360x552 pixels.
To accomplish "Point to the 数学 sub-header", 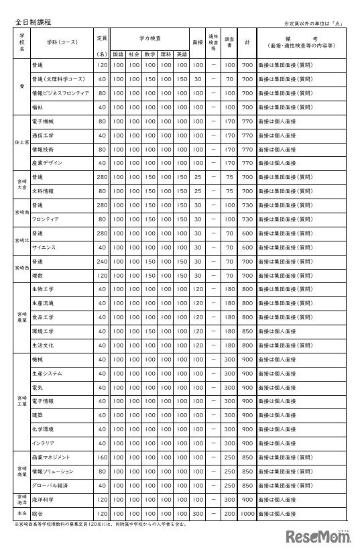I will (149, 53).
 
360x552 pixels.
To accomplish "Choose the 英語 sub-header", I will (181, 53).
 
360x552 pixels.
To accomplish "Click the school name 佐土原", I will (22, 142).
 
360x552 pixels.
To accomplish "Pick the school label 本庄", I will (22, 512).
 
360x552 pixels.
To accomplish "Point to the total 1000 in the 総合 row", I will (247, 512).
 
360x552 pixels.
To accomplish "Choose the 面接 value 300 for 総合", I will (197, 512).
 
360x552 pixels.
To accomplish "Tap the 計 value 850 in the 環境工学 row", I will (247, 331).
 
